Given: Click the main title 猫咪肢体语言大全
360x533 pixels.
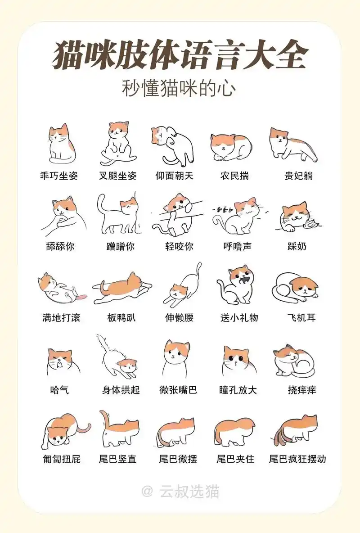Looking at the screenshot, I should coord(180,56).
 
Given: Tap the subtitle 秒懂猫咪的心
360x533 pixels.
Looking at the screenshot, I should coord(179,88).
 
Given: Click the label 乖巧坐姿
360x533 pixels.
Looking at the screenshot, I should coord(59,176).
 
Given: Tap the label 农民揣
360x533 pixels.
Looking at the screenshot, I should coord(234,176).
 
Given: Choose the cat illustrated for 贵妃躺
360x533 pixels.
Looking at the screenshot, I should coord(292,143).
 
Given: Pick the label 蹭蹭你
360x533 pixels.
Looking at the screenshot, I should coord(120,246).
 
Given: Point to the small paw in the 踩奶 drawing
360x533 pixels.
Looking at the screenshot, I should coord(309,224).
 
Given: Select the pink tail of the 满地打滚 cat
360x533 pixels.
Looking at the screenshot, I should coord(82,298).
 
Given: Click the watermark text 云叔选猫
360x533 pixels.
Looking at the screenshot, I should coord(189,492).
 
